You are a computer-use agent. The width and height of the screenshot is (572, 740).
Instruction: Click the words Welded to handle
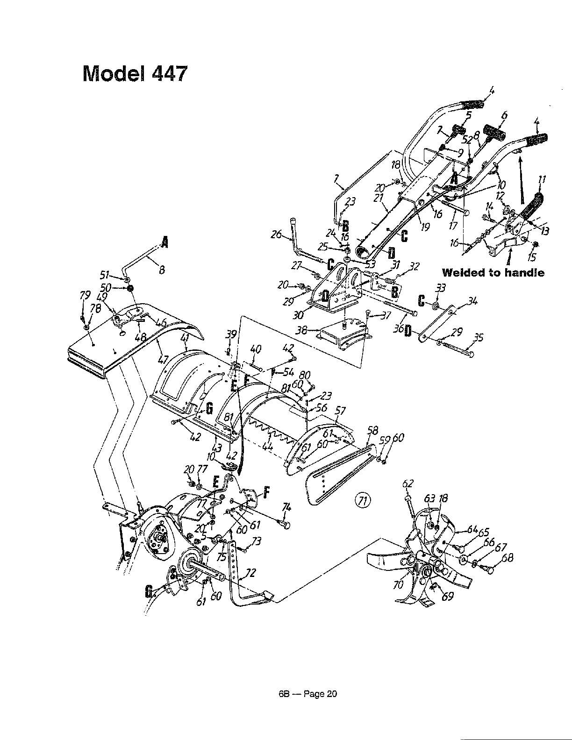pos(493,272)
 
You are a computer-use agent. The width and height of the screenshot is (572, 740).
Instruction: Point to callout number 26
pos(277,235)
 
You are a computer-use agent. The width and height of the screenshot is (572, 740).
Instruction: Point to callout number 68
pos(507,558)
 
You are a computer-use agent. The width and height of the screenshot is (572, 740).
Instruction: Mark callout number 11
pos(542,179)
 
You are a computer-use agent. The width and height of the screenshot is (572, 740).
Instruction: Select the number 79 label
pos(85,295)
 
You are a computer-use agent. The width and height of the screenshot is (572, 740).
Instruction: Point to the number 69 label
pos(447,597)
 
